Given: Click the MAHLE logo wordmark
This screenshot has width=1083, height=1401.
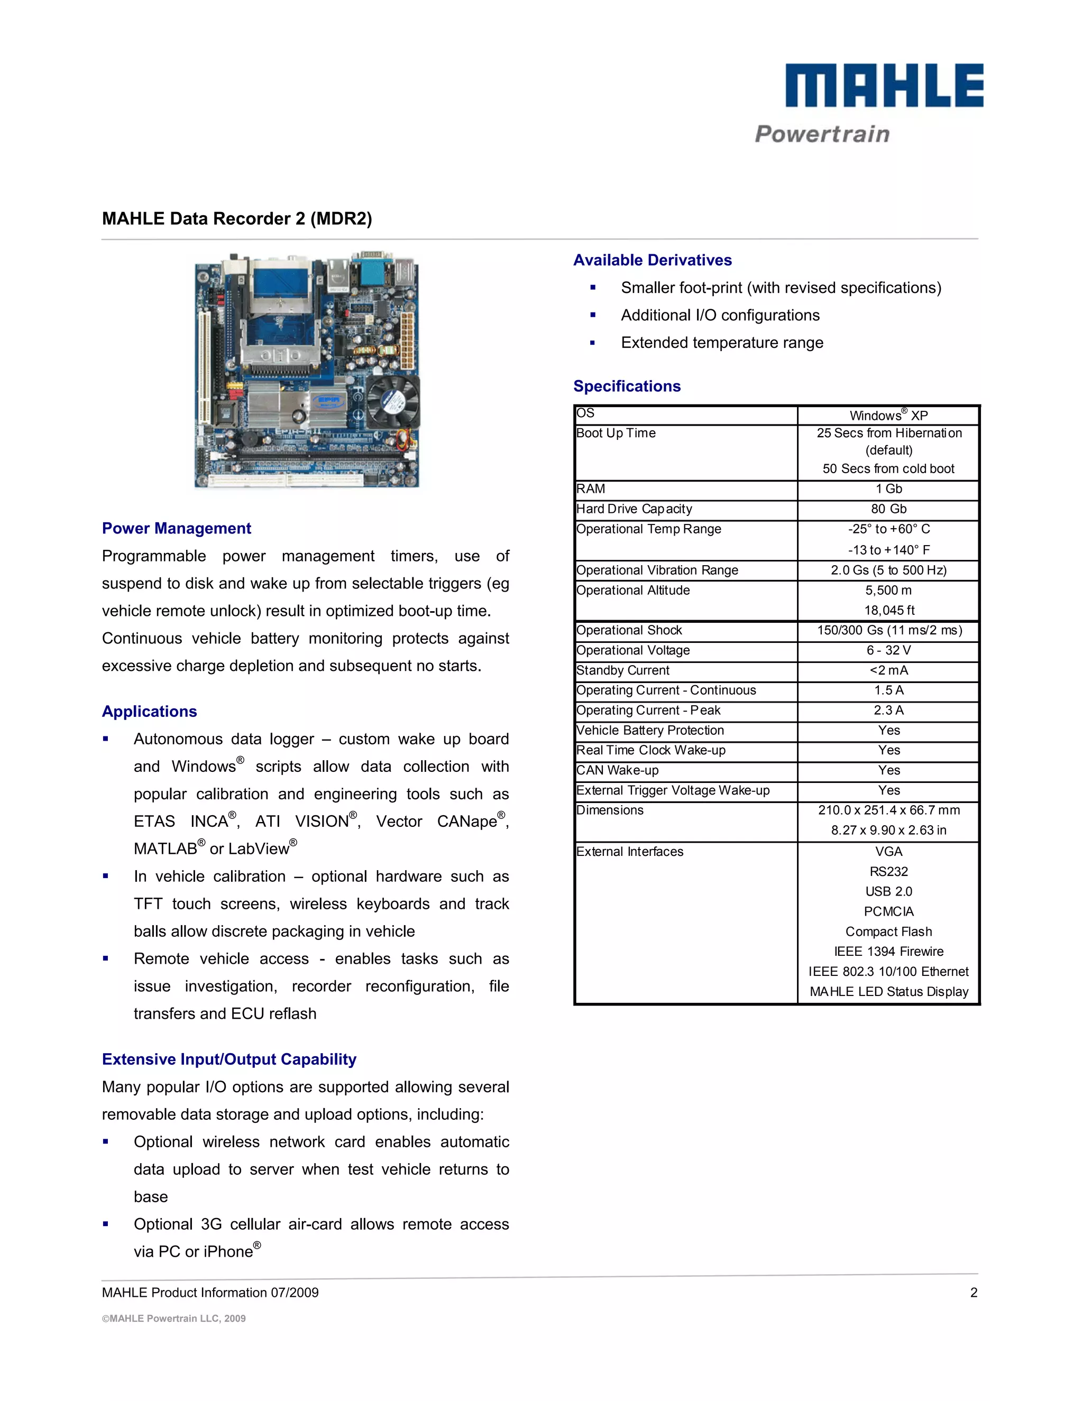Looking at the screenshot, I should coord(884,85).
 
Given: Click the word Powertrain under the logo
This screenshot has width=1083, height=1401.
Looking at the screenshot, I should coord(822,134).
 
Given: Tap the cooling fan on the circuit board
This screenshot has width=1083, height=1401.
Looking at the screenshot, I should coord(393,402).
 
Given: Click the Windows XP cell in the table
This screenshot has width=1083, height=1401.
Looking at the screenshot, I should coord(888,415).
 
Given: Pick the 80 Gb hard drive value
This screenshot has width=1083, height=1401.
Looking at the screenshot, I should coord(888,509).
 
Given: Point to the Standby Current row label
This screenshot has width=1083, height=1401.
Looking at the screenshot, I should coord(622,670).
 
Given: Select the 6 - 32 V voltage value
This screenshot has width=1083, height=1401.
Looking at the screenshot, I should coord(888,650).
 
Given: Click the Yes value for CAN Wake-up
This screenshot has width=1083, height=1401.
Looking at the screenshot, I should coord(888,770).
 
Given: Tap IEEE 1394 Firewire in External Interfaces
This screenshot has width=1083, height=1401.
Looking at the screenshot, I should coord(888,951).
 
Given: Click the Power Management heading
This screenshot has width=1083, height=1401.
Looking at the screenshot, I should coord(177,529).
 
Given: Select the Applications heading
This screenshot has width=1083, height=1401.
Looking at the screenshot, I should coord(150,712).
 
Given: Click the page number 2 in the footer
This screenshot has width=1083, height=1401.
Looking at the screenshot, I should coord(974,1293).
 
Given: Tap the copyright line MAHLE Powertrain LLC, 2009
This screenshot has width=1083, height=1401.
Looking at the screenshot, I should coord(174,1318).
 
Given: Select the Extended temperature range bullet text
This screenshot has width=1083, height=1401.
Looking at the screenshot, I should coord(722,343).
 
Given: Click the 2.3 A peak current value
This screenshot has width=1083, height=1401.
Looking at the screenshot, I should coord(888,710).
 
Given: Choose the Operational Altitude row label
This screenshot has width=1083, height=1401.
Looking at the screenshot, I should coord(632,590).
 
